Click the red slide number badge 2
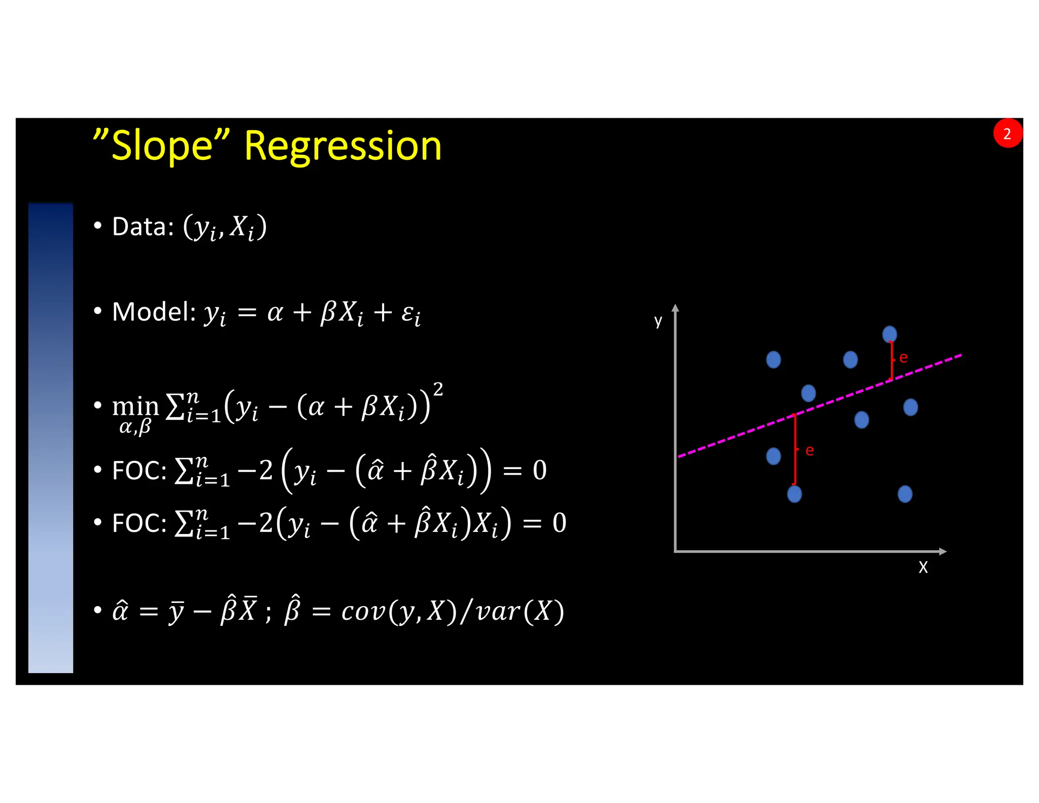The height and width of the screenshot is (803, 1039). pos(1007,133)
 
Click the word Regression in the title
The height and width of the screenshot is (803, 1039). pos(343,146)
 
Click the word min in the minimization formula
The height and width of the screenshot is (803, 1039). pos(135,406)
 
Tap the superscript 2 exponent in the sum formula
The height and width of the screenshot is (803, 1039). pos(438,389)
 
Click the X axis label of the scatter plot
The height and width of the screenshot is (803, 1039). pos(923,567)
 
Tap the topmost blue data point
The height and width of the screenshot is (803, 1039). pos(889,334)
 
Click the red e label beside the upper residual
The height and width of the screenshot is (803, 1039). pos(903,358)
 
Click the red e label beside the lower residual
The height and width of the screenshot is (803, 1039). pos(809,451)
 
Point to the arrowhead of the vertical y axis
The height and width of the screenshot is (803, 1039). pos(675,308)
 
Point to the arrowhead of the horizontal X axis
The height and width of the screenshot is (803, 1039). pos(943,551)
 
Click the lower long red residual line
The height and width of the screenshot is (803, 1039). pos(794,449)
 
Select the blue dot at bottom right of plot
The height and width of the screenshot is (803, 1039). pos(905,494)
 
